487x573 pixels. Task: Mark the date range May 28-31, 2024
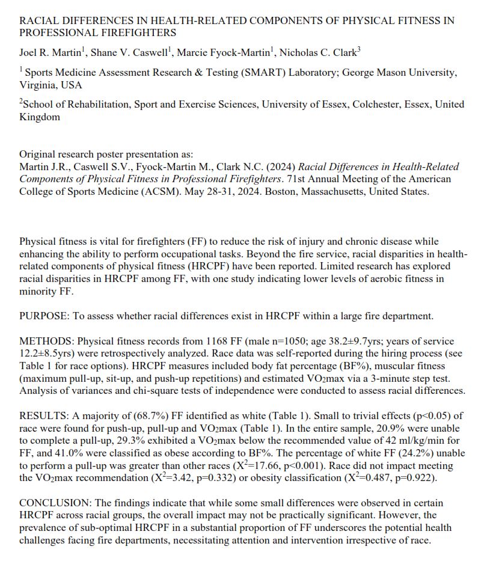click(225, 192)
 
